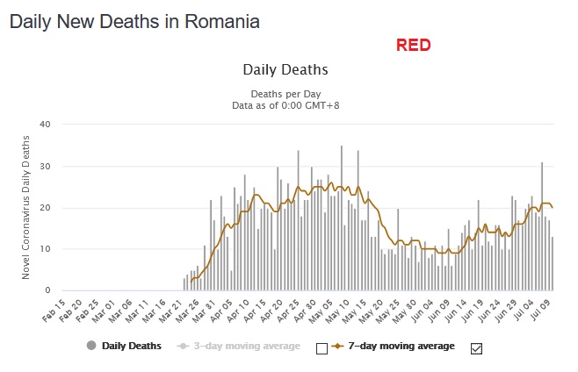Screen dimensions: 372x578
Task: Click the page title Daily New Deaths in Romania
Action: (x=134, y=22)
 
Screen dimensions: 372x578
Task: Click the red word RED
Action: (x=413, y=45)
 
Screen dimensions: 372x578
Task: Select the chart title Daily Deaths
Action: (x=285, y=69)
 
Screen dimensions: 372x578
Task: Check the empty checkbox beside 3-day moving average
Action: (x=322, y=348)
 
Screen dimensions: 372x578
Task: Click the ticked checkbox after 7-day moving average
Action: (x=477, y=348)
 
